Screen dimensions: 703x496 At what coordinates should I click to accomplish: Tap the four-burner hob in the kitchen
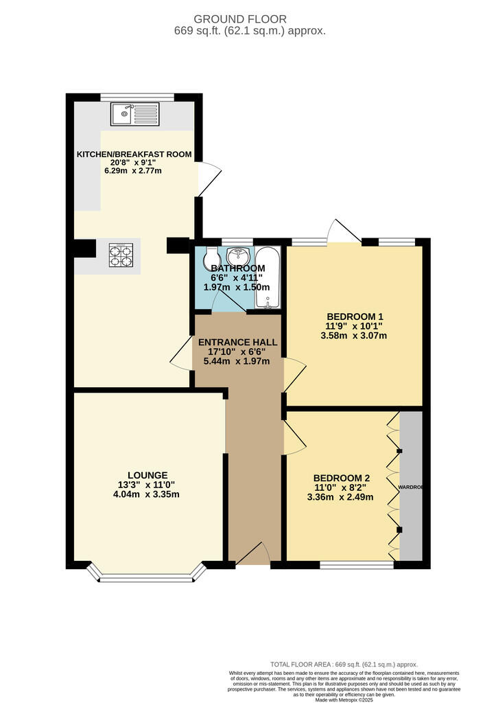[121, 255]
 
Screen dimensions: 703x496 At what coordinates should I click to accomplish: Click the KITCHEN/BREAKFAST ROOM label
[133, 154]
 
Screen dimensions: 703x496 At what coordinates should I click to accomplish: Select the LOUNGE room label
[147, 474]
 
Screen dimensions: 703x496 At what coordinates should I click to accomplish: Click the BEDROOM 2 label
[341, 478]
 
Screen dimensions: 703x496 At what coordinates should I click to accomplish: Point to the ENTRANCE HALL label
[237, 342]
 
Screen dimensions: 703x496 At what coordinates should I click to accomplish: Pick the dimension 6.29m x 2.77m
[133, 170]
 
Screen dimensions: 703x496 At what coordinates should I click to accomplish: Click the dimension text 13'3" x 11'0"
[147, 484]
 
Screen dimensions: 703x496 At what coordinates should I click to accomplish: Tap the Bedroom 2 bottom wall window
[357, 565]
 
